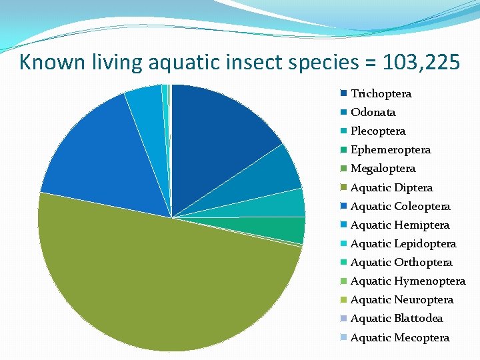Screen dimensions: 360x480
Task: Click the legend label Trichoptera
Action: coord(381,93)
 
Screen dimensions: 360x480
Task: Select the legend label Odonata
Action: coord(373,112)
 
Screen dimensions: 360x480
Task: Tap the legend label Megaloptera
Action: coord(383,168)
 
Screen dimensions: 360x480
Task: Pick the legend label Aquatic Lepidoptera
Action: coord(403,243)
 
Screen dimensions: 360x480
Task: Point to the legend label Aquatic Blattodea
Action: coord(397,318)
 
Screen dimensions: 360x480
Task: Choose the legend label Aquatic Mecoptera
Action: coord(400,337)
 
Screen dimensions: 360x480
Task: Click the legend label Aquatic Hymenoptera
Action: coord(408,281)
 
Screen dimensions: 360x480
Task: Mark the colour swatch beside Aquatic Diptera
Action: coord(343,187)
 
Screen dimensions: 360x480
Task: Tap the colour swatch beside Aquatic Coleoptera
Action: coord(343,206)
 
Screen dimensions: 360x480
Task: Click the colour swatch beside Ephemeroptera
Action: coord(343,149)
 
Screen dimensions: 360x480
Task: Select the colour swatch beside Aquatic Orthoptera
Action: coord(343,262)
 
